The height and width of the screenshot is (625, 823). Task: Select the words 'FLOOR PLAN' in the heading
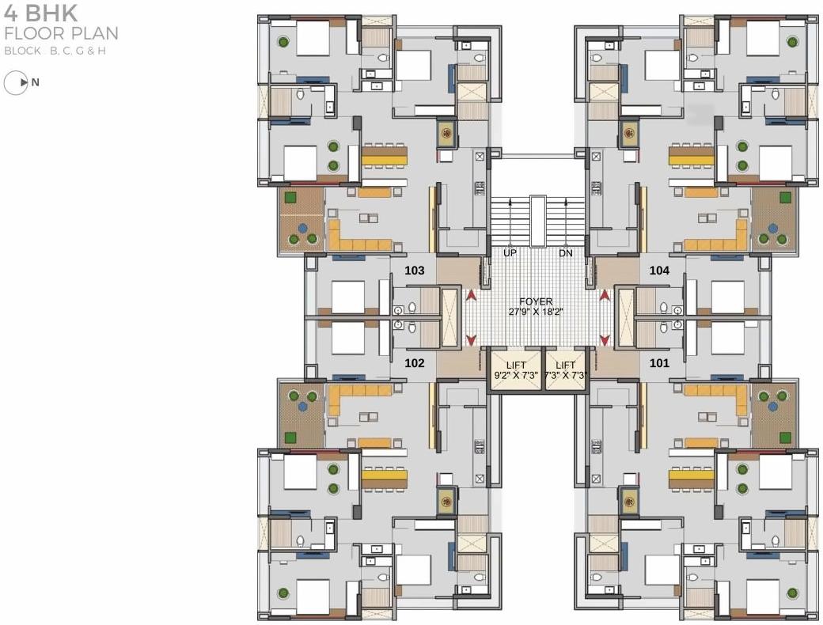pos(61,33)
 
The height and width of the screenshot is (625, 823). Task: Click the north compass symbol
pos(17,82)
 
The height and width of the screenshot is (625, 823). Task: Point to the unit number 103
pos(415,271)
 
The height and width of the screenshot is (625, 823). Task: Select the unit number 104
pos(659,271)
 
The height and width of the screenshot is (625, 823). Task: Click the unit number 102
pos(415,364)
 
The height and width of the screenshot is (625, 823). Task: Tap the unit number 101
pos(659,364)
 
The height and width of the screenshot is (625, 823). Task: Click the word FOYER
pos(536,301)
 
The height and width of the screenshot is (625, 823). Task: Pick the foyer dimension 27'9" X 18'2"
pos(536,312)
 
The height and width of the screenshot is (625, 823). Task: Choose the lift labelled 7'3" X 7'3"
pos(564,369)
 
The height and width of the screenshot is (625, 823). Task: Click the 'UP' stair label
pos(510,253)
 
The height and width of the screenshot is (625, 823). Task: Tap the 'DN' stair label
pos(565,253)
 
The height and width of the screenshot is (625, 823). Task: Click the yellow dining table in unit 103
pos(385,156)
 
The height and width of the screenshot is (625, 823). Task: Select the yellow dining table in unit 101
pos(691,477)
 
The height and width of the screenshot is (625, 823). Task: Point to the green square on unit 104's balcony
pos(785,197)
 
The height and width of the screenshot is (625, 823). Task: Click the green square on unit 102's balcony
pos(291,437)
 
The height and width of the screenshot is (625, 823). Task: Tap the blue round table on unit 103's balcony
pos(302,228)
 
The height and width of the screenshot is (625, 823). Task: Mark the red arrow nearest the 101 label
pos(605,340)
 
